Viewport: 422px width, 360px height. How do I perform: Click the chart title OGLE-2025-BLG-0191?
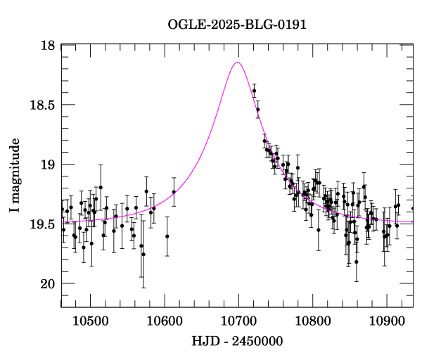coord(237,25)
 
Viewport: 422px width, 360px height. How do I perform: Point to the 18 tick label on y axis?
coord(49,45)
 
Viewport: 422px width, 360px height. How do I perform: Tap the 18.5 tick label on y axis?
coord(42,105)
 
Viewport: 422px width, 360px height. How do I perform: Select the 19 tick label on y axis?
coord(49,165)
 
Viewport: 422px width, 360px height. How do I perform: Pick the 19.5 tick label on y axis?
coord(42,224)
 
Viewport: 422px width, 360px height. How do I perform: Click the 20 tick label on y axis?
coord(49,284)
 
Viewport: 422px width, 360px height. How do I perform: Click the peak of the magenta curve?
coord(237,63)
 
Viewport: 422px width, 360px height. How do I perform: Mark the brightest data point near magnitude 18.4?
coord(254,91)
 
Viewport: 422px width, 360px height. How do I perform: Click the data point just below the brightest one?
coord(257,110)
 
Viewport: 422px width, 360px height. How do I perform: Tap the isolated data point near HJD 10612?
coord(174,191)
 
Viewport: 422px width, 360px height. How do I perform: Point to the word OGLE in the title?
coord(186,25)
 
